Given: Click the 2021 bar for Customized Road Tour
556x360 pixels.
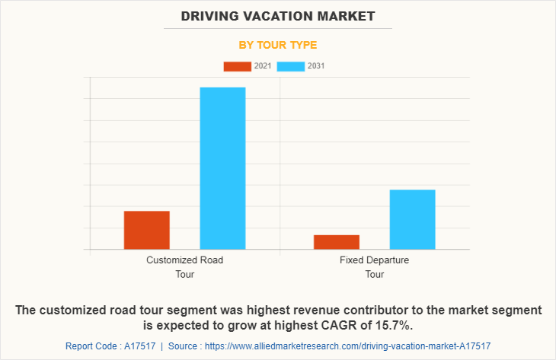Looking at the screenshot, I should [146, 230].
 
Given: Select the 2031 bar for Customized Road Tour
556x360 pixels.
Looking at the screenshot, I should [222, 168].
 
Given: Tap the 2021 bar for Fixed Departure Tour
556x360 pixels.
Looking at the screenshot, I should [336, 242].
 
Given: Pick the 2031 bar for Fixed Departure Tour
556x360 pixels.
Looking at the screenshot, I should [412, 219].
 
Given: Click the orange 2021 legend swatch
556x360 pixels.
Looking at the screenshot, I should [237, 66].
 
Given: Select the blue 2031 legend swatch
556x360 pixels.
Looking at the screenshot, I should [290, 66].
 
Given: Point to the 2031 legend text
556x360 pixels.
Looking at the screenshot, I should [316, 66].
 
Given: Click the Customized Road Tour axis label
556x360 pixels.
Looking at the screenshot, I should [184, 266].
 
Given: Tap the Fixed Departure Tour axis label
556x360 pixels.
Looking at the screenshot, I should [374, 266].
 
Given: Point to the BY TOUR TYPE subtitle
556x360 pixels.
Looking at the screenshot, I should [278, 45].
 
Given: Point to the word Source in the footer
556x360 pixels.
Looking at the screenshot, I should [183, 346].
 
